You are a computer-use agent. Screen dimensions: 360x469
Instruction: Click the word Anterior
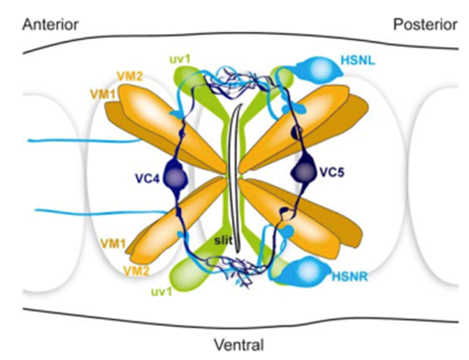[x=50, y=24]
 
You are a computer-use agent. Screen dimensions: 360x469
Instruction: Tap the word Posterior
[x=425, y=24]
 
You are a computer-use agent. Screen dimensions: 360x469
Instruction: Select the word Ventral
[x=239, y=344]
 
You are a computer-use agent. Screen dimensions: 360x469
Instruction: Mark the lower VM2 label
[x=138, y=272]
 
